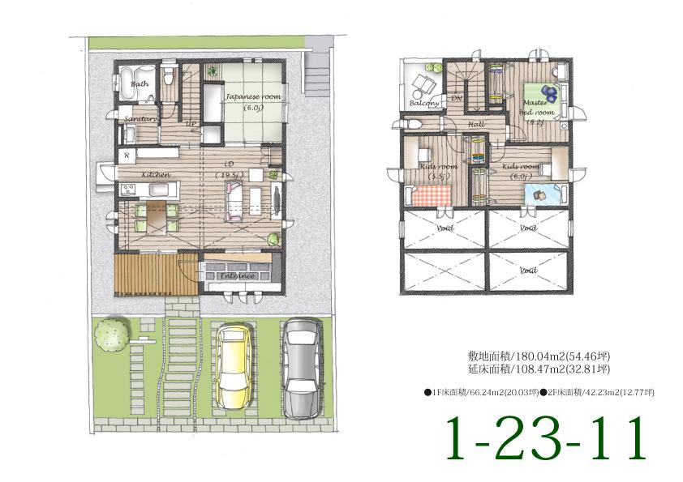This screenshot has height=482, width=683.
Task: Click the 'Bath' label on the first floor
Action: [140, 83]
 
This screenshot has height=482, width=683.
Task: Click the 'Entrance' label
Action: [238, 276]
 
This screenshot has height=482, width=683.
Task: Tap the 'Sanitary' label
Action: [140, 118]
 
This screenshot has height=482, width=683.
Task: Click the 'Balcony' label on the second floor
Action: [424, 104]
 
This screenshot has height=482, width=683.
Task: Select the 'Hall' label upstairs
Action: [476, 124]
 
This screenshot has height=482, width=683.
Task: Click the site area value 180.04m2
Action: [530, 356]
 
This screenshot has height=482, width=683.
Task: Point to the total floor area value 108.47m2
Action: [530, 369]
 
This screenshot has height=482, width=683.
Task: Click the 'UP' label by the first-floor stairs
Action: [191, 124]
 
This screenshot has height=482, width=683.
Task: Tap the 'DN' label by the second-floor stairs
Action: [456, 98]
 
